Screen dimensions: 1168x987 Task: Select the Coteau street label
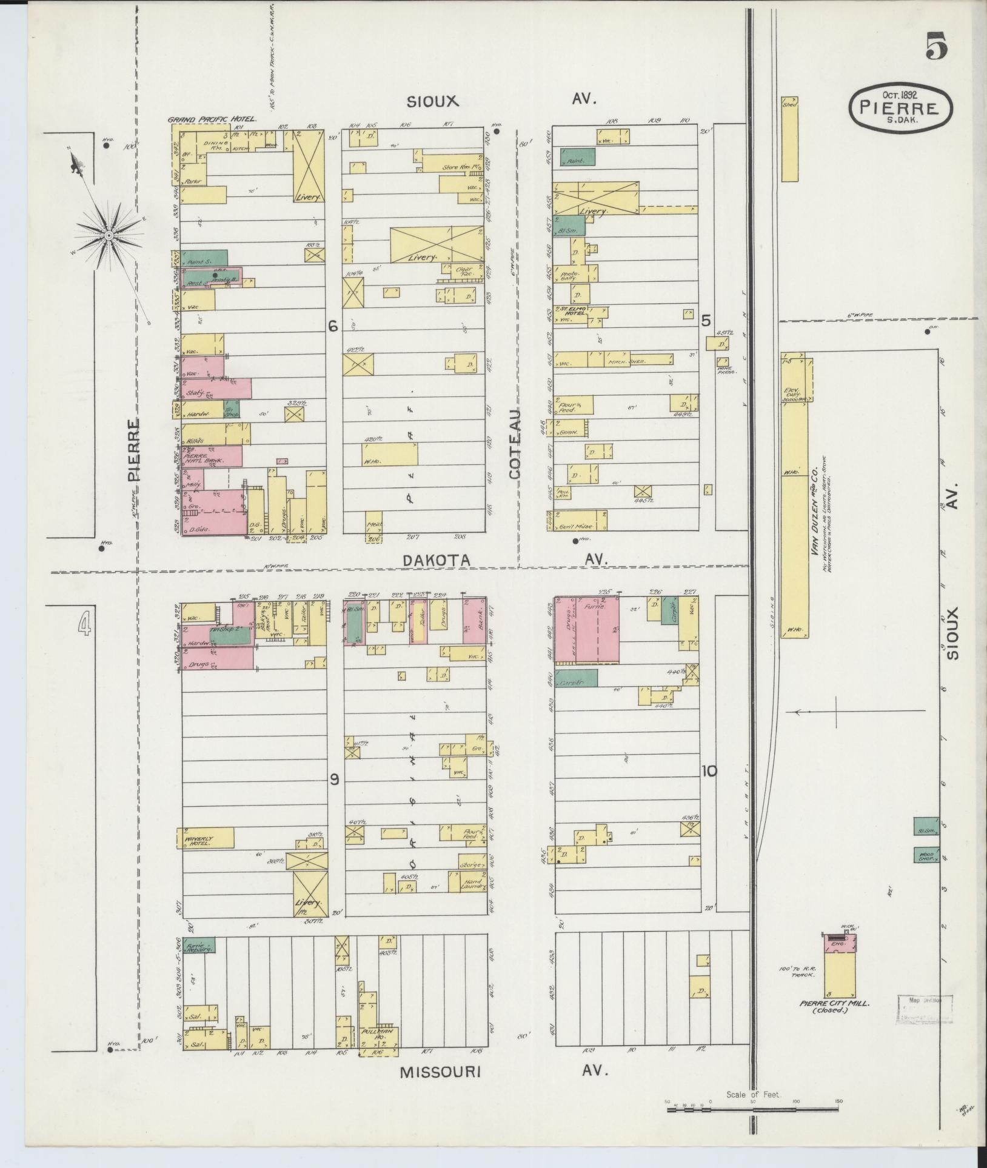(515, 444)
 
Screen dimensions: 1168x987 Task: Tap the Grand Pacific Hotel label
(212, 120)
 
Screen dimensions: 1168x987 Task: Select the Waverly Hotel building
(205, 838)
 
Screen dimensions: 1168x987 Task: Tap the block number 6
(332, 326)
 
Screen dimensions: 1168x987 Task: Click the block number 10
(709, 771)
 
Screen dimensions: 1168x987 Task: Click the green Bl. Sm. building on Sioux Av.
(926, 827)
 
